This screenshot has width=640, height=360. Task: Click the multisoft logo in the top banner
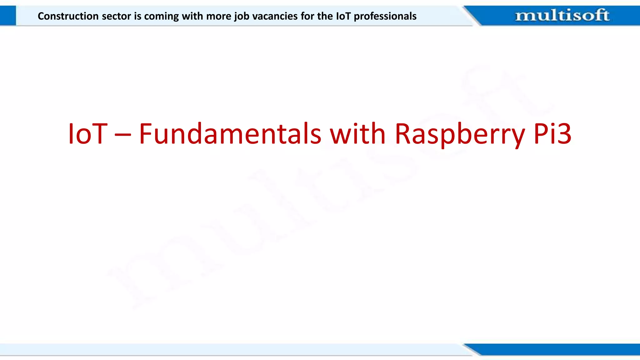click(x=562, y=15)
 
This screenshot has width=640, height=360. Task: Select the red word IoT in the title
click(x=88, y=134)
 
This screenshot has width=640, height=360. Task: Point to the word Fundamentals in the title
click(x=230, y=134)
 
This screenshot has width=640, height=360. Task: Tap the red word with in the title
click(x=358, y=134)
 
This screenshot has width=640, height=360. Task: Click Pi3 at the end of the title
click(x=552, y=134)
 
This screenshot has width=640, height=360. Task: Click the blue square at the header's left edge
click(x=8, y=15)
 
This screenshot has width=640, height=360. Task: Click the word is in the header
click(x=137, y=16)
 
